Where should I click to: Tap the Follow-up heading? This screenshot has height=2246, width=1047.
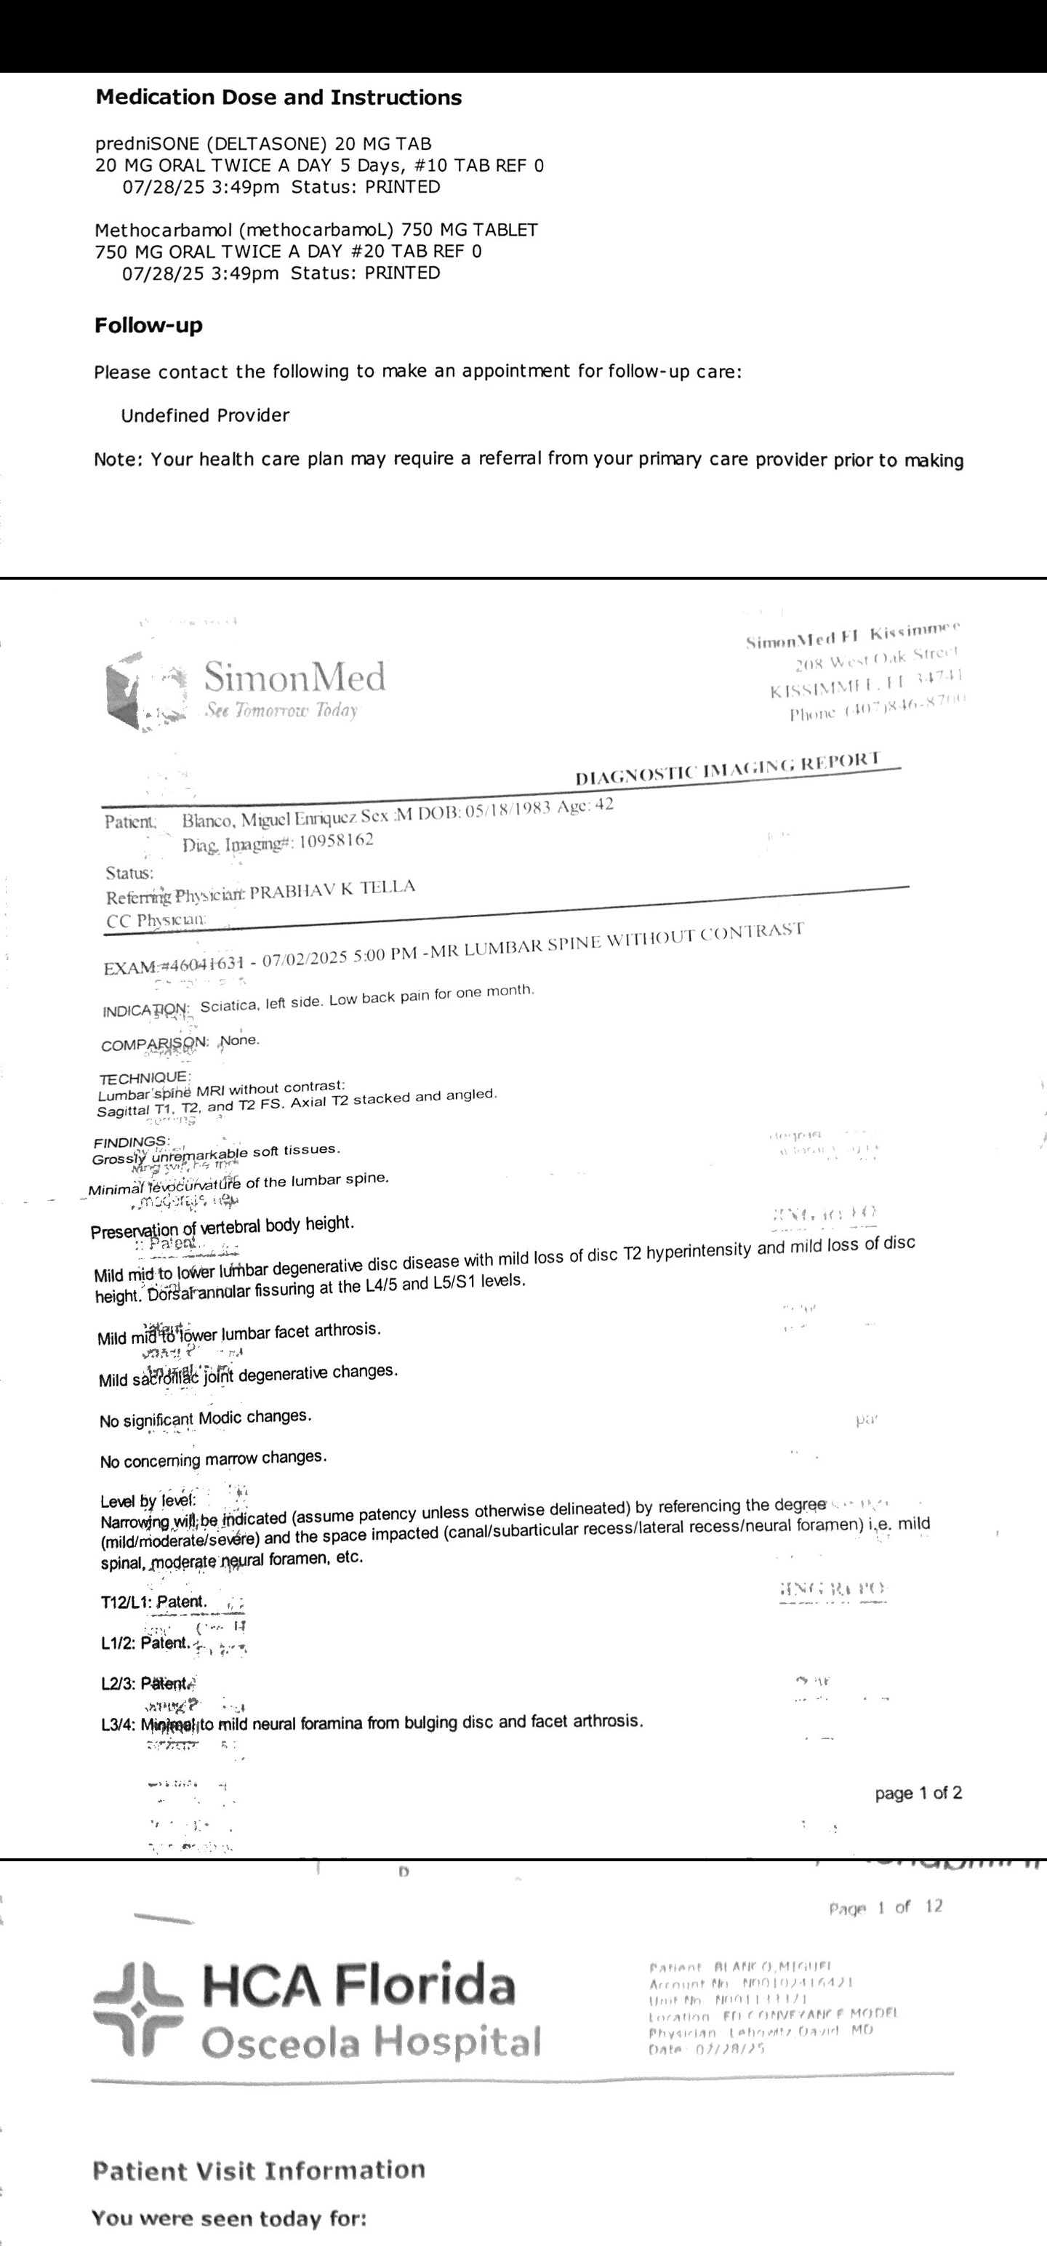point(148,326)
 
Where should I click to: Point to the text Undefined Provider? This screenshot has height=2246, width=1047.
point(205,416)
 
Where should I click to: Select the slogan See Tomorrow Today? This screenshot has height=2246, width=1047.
point(281,711)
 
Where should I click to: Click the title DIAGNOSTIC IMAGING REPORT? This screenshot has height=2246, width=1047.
point(728,768)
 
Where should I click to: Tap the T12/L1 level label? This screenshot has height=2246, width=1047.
point(127,1602)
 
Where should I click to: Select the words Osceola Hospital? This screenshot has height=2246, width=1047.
point(372,2041)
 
